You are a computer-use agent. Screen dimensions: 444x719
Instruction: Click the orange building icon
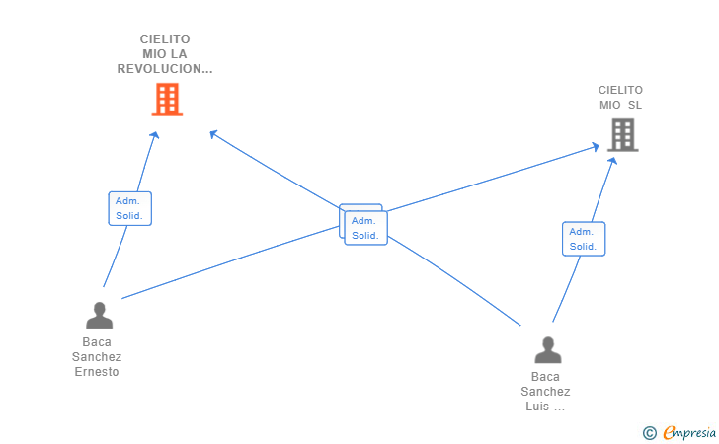point(167,100)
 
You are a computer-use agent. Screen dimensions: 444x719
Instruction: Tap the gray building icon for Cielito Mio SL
point(622,135)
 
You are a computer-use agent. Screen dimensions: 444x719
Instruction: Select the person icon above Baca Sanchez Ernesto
point(99,316)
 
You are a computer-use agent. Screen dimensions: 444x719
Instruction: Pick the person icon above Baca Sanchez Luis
point(547,350)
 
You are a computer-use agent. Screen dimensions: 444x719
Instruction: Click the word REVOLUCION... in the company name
point(165,69)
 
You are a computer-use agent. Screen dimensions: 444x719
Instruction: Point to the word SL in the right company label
point(634,105)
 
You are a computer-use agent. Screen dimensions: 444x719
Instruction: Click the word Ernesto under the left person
point(97,372)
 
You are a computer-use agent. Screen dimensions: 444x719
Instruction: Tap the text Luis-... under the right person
point(545,407)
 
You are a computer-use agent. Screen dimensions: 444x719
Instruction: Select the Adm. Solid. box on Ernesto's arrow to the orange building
point(129,208)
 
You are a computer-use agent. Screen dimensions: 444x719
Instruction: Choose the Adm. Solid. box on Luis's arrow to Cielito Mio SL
point(584,239)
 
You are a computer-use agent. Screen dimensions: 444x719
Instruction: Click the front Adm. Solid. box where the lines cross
point(365,228)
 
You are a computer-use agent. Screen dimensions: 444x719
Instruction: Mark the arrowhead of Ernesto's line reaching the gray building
point(597,147)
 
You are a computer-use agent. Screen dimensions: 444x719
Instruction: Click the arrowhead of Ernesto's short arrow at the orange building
point(155,135)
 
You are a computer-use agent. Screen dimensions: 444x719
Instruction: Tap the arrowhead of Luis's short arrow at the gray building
point(613,160)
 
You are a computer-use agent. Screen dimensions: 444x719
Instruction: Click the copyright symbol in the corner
point(649,432)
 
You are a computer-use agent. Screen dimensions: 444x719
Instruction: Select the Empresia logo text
point(686,432)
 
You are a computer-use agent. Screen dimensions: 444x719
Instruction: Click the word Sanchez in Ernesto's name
point(97,357)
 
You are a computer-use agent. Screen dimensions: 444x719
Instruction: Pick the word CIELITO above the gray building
point(620,90)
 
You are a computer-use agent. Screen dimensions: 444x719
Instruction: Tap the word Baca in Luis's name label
point(545,377)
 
